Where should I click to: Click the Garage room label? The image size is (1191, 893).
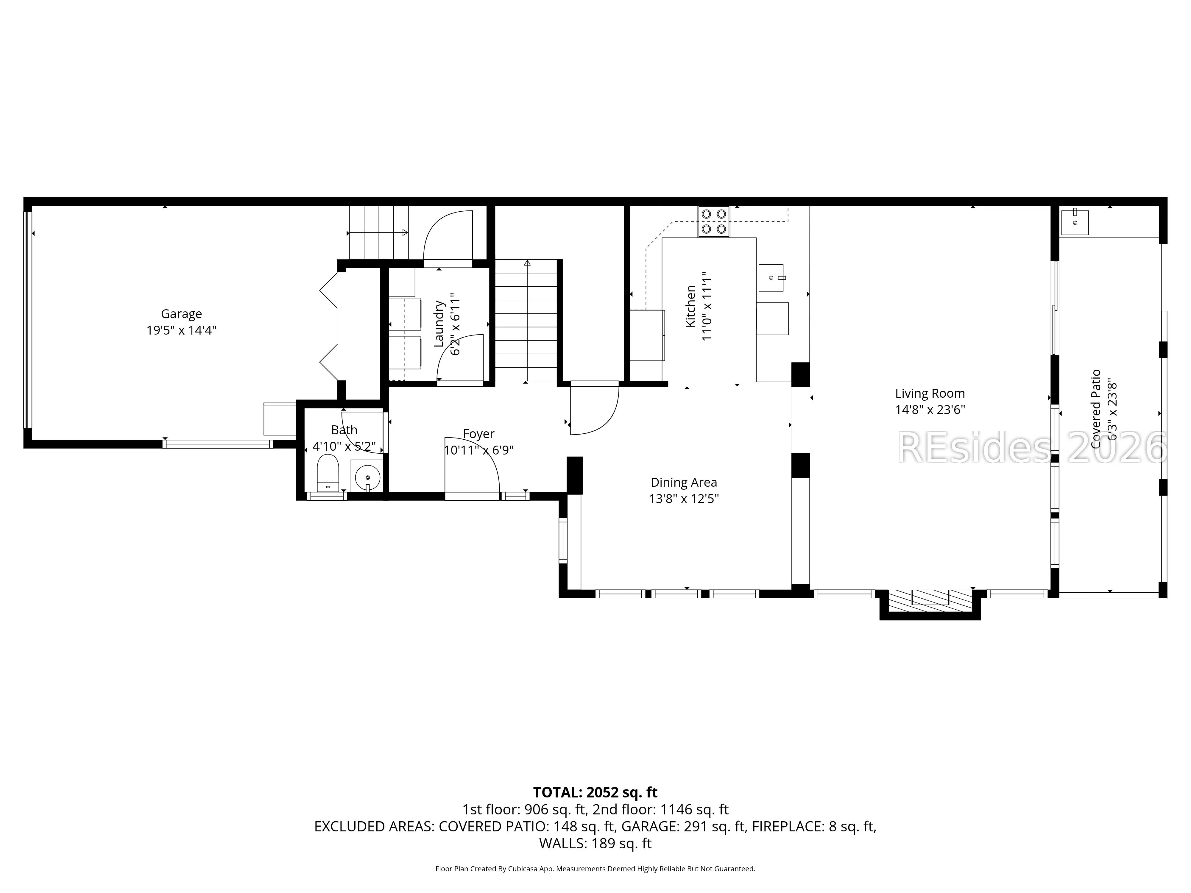tap(181, 314)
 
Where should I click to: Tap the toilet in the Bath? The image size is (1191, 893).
tap(327, 473)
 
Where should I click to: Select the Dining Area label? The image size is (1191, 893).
tap(684, 482)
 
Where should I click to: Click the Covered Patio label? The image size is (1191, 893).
tap(1096, 409)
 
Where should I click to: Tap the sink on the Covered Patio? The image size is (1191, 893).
tap(1075, 222)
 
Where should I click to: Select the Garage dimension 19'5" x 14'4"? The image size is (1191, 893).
tap(181, 330)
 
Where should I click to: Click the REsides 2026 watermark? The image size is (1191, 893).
tap(1032, 448)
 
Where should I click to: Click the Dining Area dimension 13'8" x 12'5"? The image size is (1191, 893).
tap(684, 499)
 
